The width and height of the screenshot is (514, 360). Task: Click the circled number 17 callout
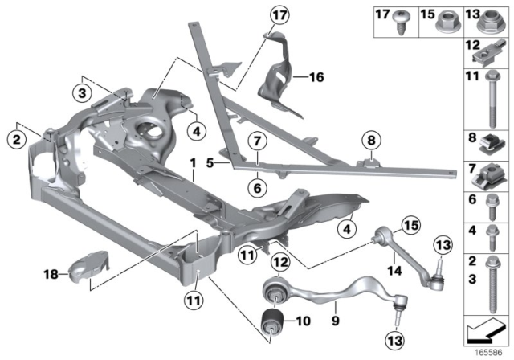tap(278, 15)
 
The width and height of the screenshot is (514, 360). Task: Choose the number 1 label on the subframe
tap(194, 163)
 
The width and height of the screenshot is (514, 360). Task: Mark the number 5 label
tap(208, 162)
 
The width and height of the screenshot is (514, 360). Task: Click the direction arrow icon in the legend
tap(487, 330)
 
